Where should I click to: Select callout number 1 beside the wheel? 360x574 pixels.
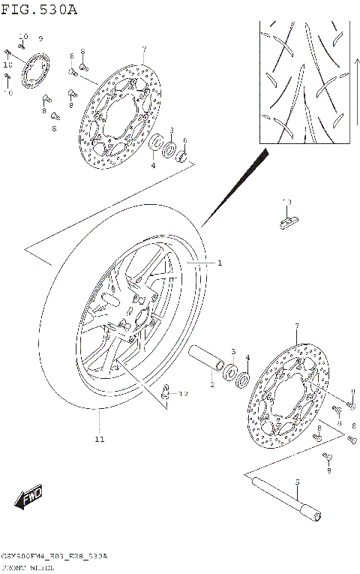(220, 263)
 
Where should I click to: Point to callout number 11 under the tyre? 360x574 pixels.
(100, 439)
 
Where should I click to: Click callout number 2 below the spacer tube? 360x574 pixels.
(212, 385)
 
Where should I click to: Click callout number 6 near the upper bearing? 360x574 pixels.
(184, 141)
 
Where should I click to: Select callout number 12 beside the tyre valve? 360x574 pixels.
(183, 394)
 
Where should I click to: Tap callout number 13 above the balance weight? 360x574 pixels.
(286, 202)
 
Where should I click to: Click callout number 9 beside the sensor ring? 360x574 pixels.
(41, 38)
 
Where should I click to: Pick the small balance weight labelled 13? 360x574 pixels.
(288, 221)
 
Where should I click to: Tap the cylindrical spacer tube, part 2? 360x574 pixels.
(205, 359)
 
